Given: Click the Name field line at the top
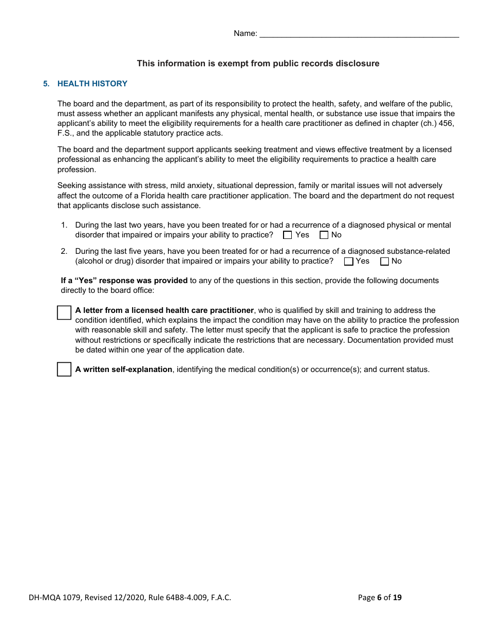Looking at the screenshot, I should [x=359, y=34].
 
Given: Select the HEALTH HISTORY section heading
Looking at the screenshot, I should [x=92, y=84].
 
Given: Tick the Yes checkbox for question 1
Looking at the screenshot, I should [x=288, y=235].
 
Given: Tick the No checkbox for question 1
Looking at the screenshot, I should [x=324, y=235].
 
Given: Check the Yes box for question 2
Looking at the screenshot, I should [x=349, y=262].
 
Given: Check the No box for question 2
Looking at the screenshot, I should [x=384, y=262].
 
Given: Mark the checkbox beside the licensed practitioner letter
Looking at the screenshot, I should [x=64, y=312].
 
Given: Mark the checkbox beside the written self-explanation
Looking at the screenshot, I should [x=64, y=369].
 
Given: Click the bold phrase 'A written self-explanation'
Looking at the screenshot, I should [x=124, y=369].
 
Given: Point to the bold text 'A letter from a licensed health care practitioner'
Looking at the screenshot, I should [x=164, y=310].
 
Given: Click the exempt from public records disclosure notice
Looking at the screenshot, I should [x=258, y=64].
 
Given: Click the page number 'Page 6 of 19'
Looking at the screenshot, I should [x=380, y=597].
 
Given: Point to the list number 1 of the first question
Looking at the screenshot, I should [x=64, y=225].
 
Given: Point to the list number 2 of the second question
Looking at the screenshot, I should [x=64, y=251].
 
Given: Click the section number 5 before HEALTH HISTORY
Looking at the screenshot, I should [x=46, y=84].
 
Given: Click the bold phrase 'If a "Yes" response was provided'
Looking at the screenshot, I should [x=124, y=281].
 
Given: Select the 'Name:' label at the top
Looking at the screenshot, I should [x=245, y=33].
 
